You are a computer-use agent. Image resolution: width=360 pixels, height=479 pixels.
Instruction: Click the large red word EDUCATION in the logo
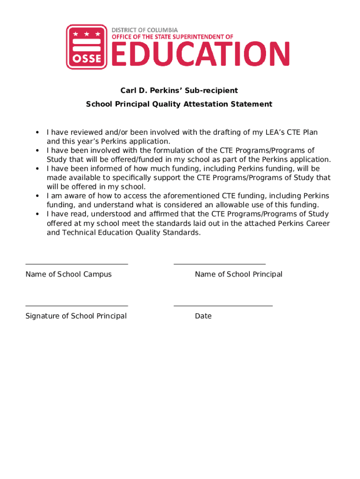tap(200, 54)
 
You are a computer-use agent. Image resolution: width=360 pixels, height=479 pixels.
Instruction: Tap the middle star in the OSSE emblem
tap(84, 34)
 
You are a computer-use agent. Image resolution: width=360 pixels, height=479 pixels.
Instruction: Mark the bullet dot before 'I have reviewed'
tap(36, 133)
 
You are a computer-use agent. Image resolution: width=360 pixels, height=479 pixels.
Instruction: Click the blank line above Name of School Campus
tap(77, 264)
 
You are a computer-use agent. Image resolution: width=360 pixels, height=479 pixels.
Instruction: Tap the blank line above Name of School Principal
tap(219, 264)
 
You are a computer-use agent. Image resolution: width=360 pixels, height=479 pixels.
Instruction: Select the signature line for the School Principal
tap(77, 306)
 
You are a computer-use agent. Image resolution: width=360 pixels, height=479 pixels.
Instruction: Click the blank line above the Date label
tap(223, 306)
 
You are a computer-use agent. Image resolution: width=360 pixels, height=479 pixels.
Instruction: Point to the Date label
tap(203, 316)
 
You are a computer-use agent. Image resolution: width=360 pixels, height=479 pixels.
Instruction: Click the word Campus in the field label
tap(97, 275)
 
